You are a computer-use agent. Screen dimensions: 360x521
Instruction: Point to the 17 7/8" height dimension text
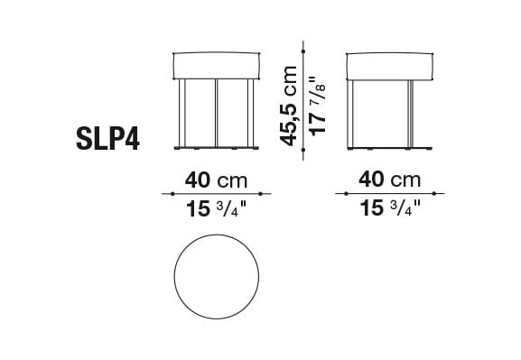pos(317,105)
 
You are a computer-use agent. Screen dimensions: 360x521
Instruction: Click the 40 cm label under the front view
pos(215,180)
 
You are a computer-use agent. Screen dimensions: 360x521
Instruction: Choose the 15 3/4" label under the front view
pos(215,209)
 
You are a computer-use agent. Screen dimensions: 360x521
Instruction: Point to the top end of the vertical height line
pos(303,49)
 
